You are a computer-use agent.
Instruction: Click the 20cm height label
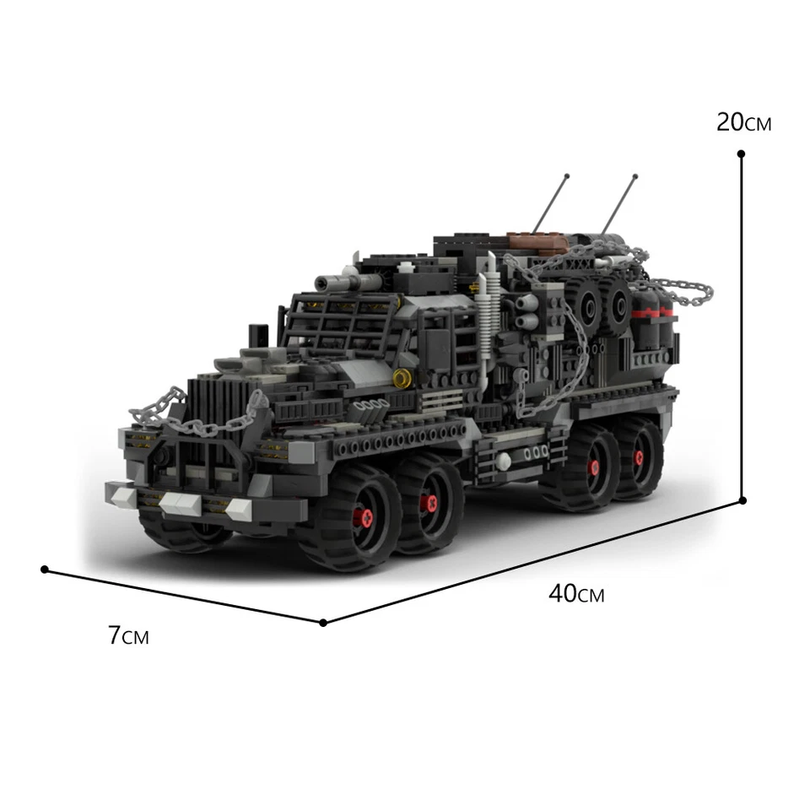[x=743, y=123]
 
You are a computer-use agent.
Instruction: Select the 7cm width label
[x=128, y=635]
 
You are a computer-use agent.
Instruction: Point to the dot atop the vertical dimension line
[x=741, y=154]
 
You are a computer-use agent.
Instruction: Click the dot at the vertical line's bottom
[x=742, y=500]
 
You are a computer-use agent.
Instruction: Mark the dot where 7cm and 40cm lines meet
[x=323, y=623]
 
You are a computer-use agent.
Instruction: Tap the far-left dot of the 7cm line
[x=44, y=570]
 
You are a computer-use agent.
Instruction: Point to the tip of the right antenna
[x=634, y=176]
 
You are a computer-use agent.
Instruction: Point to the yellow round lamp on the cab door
[x=402, y=379]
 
